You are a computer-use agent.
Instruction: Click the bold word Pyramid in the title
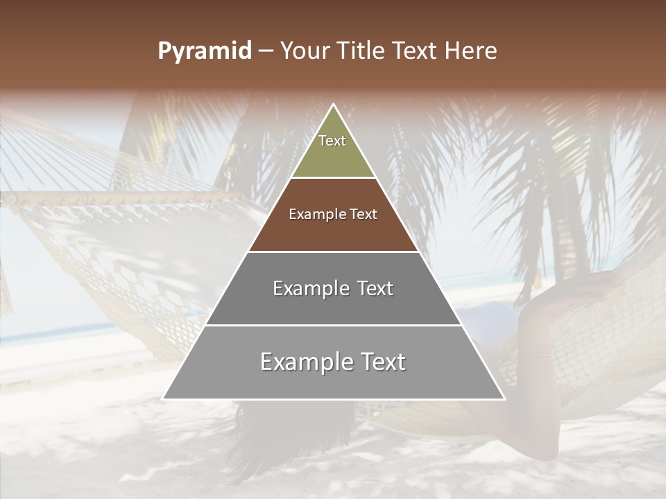pos(204,51)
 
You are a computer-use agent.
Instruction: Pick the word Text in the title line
pos(416,51)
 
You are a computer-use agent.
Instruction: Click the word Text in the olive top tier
pos(332,141)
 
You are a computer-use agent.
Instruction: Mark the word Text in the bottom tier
pos(384,362)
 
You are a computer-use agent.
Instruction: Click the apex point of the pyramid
pos(334,105)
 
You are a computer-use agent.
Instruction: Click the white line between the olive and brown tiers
pos(334,178)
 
